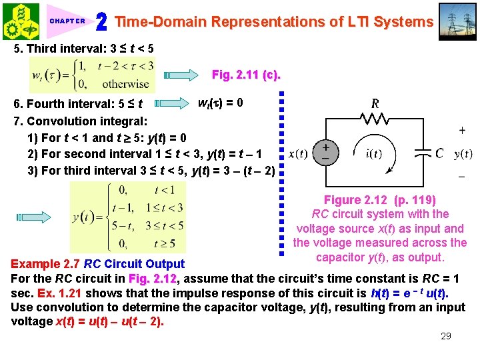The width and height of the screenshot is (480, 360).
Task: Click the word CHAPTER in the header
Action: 67,21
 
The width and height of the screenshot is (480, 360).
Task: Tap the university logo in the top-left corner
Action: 21,21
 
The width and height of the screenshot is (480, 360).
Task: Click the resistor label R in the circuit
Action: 375,103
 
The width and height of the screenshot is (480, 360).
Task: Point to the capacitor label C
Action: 439,153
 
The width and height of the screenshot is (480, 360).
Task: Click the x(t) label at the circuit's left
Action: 298,154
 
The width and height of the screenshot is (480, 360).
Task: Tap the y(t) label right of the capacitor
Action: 463,154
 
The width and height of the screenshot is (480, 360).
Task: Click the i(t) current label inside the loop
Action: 374,154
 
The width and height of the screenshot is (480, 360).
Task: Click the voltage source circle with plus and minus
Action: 326,151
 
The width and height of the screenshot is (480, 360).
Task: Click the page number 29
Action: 446,336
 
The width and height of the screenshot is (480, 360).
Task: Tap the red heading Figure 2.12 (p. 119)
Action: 379,200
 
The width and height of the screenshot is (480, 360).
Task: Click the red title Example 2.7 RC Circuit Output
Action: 97,265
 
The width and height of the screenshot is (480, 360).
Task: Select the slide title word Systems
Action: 403,22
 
